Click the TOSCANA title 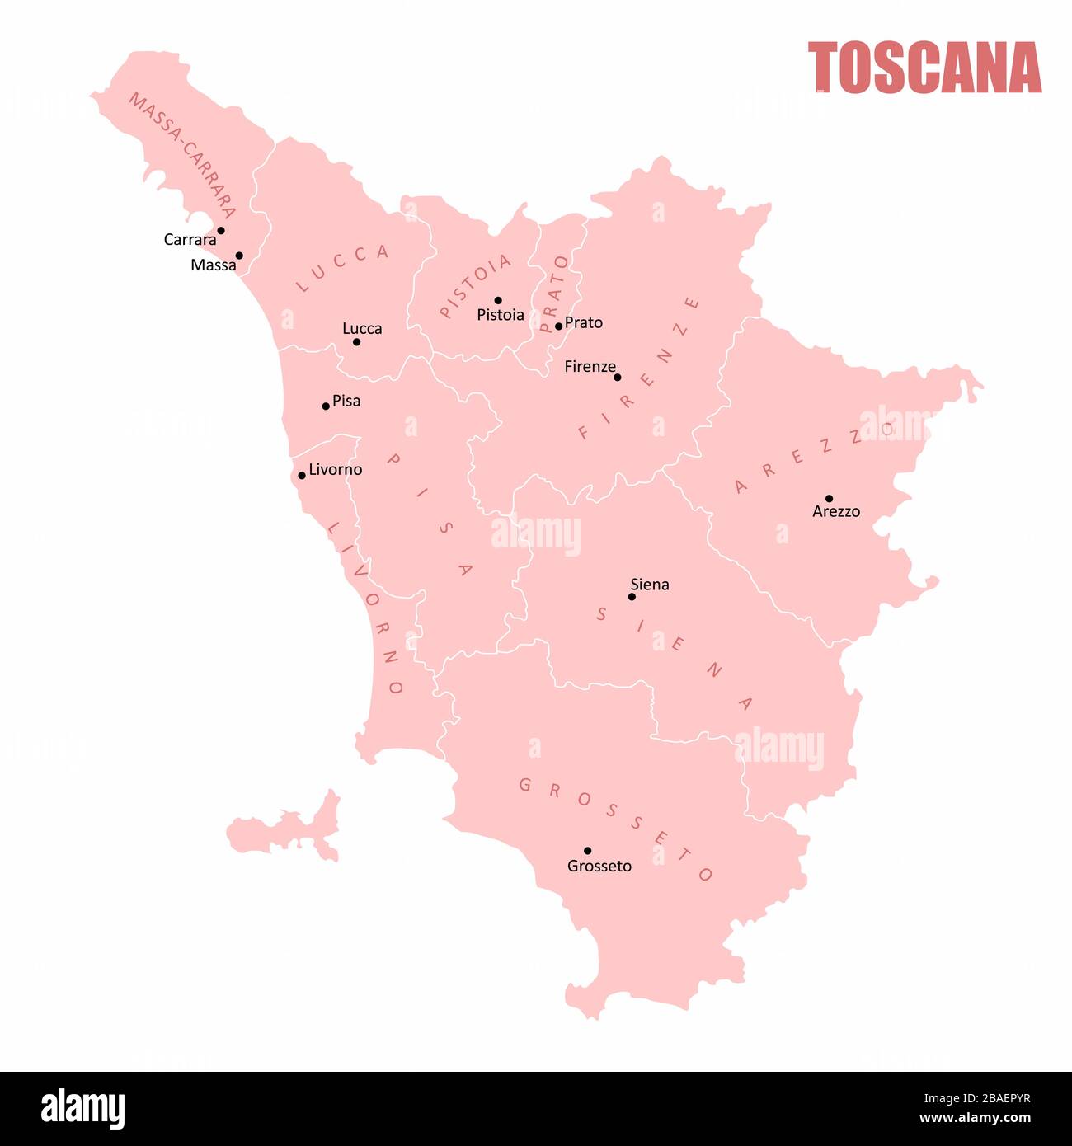(x=924, y=68)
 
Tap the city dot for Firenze (x=617, y=377)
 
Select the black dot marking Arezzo (x=829, y=498)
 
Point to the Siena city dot (x=632, y=596)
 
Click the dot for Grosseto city (x=587, y=850)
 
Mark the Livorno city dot (x=302, y=475)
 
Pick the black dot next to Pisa (x=326, y=406)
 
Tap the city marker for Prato (x=558, y=326)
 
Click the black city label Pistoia (x=500, y=315)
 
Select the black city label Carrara (x=190, y=240)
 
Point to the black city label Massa (x=213, y=265)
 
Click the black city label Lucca (x=362, y=329)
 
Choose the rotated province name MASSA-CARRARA (x=182, y=154)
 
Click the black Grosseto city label (x=599, y=867)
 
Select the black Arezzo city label (x=836, y=512)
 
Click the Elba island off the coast (x=284, y=832)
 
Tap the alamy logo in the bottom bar (x=83, y=1109)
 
